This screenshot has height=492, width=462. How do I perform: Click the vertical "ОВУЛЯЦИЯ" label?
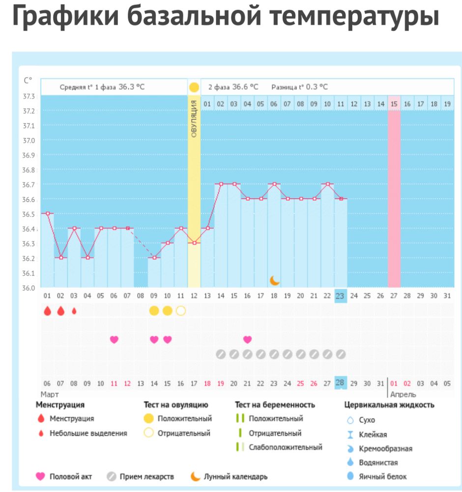[194, 119]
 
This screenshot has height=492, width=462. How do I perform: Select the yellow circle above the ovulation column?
[194, 88]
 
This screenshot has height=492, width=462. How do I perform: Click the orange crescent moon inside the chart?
[275, 280]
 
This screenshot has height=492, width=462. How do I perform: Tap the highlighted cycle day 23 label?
[341, 296]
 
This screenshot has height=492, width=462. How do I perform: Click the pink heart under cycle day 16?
[247, 339]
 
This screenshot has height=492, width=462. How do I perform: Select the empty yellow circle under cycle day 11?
[180, 311]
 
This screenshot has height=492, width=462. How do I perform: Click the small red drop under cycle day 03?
[74, 311]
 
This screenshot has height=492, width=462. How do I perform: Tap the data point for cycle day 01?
[47, 214]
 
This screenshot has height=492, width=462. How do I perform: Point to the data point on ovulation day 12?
[194, 243]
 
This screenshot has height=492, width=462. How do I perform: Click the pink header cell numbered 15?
[394, 104]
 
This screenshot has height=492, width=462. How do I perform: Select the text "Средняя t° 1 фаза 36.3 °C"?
[102, 87]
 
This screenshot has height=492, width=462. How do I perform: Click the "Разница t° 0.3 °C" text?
[299, 87]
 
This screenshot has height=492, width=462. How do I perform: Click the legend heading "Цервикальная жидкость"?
[389, 405]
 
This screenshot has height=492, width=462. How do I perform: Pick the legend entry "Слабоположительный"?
[285, 447]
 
